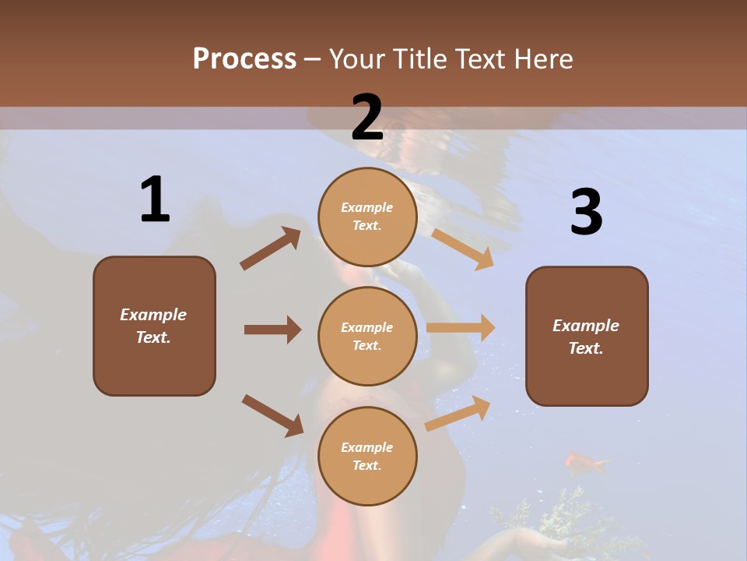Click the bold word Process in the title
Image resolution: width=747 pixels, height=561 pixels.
[244, 59]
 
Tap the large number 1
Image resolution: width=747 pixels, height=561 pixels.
[155, 199]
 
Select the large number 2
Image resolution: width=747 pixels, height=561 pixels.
[367, 118]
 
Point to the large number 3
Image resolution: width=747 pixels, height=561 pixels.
[586, 212]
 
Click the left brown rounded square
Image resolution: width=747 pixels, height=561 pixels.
[154, 326]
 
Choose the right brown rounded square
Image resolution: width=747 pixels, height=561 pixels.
[587, 336]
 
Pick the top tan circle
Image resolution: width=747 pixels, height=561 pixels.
[367, 217]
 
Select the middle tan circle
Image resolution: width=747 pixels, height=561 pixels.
[367, 336]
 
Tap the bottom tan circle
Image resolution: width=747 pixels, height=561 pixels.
[367, 456]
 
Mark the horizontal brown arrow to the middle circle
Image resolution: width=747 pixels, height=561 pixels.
[272, 330]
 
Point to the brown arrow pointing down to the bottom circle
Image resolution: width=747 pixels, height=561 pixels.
[272, 415]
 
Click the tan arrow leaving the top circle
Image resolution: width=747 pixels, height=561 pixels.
[463, 249]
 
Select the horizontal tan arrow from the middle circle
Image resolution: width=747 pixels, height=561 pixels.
[461, 328]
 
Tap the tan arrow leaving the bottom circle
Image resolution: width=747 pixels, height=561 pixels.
[458, 413]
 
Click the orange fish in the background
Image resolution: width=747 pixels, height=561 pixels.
[585, 464]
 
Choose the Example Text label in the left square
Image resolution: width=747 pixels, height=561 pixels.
[154, 326]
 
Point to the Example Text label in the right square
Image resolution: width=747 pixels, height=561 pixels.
[586, 337]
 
